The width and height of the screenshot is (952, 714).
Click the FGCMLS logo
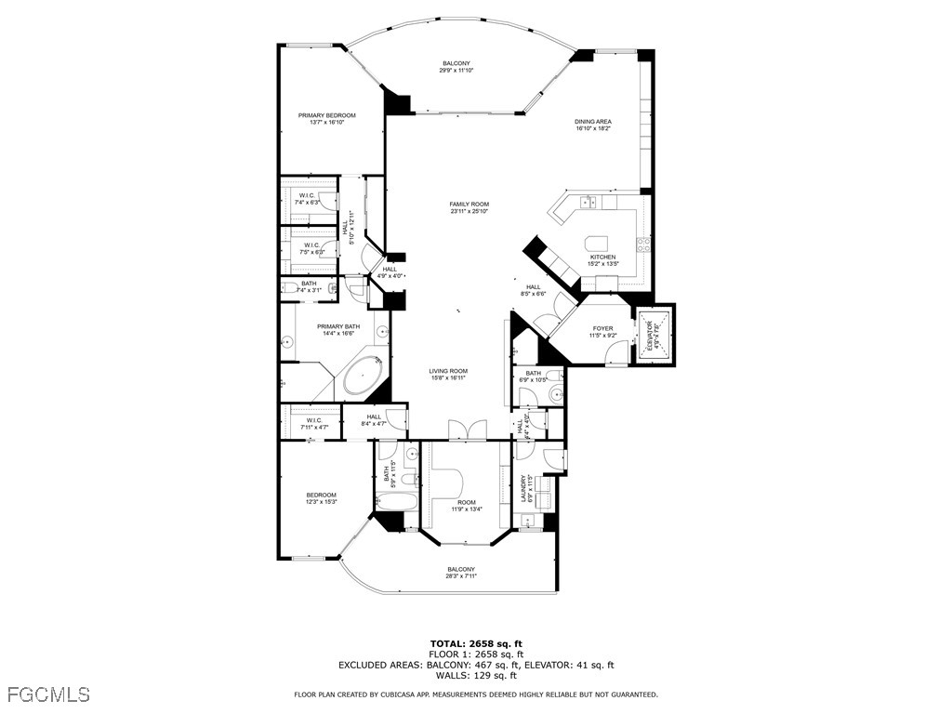(x=48, y=694)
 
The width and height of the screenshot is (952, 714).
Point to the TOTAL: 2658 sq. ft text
(x=476, y=643)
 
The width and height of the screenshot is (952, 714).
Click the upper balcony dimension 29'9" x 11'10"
(x=456, y=71)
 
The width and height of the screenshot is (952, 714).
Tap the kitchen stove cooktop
(x=642, y=245)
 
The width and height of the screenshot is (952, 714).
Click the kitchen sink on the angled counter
(x=588, y=202)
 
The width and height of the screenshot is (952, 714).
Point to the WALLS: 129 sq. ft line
(x=476, y=676)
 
